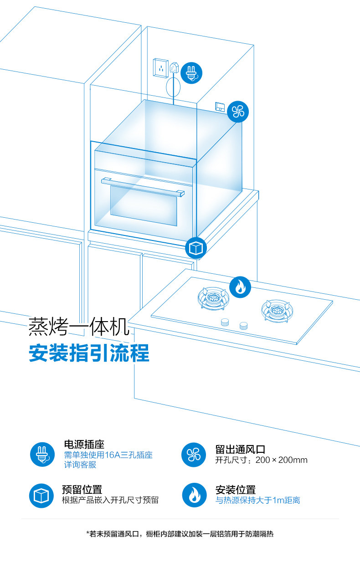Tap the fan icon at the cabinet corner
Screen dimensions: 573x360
(x=238, y=111)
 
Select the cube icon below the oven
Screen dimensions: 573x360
(x=196, y=248)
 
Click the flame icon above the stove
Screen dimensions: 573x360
(x=240, y=287)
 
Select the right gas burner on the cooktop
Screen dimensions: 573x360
(x=277, y=310)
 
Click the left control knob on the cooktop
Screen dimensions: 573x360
(x=225, y=322)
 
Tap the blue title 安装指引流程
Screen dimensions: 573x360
(x=89, y=353)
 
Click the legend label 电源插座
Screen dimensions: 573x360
(x=84, y=444)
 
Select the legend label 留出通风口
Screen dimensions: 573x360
(x=240, y=449)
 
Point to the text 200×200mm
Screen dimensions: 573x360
(x=282, y=460)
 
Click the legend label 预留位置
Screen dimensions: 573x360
(x=82, y=490)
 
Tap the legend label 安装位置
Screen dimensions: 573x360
(x=236, y=490)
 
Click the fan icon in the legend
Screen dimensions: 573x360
(x=194, y=454)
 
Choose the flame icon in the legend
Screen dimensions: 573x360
(x=194, y=495)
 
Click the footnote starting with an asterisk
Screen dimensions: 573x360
(x=180, y=534)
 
